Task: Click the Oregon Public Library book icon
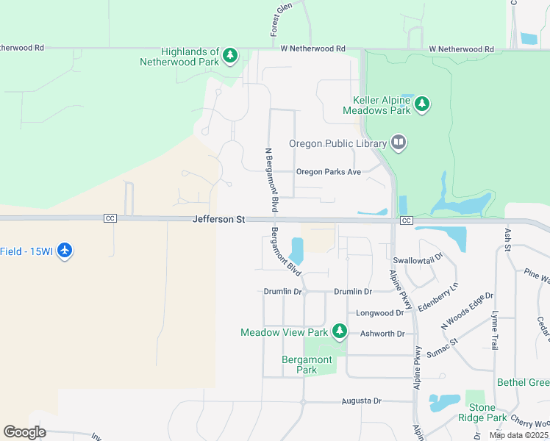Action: [399, 142]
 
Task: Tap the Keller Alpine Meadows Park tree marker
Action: [422, 104]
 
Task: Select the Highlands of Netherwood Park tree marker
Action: [230, 55]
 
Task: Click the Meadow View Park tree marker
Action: [340, 332]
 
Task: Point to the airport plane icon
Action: [65, 251]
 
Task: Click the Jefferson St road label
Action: [218, 219]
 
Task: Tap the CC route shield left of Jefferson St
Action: [110, 219]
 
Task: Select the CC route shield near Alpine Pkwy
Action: [406, 220]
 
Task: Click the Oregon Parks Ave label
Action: [329, 172]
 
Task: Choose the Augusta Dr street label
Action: [362, 401]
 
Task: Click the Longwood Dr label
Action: [380, 312]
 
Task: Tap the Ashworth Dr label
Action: [382, 334]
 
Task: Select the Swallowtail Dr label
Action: [418, 260]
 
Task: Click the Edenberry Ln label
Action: [438, 295]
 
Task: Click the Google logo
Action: [24, 432]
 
